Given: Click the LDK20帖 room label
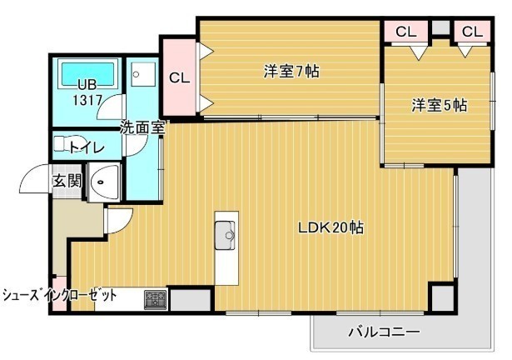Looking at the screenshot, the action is point(331,227).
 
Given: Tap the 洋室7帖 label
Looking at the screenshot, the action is point(291,72).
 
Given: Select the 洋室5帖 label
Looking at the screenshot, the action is point(440,105).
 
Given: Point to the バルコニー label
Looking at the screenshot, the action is point(384,332).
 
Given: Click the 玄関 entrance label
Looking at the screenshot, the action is point(67,181).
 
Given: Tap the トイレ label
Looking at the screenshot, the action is point(87,147).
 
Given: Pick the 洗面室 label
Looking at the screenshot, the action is point(142,127).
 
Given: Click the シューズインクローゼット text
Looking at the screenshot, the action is point(59,296).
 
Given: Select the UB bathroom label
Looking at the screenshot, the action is point(87,85).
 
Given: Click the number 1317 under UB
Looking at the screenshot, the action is point(87,100).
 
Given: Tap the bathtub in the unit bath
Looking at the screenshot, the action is point(87,73).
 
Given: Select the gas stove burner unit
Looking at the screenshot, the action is point(156,300).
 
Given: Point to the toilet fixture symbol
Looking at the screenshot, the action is point(62,144).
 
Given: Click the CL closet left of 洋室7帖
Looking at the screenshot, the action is point(180,77).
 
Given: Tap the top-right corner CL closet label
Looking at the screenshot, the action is point(473,32).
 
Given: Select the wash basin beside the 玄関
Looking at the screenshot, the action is point(104,182).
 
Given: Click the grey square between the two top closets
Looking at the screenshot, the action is point(441,27).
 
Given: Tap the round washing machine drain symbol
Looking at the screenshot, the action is point(137,74).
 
